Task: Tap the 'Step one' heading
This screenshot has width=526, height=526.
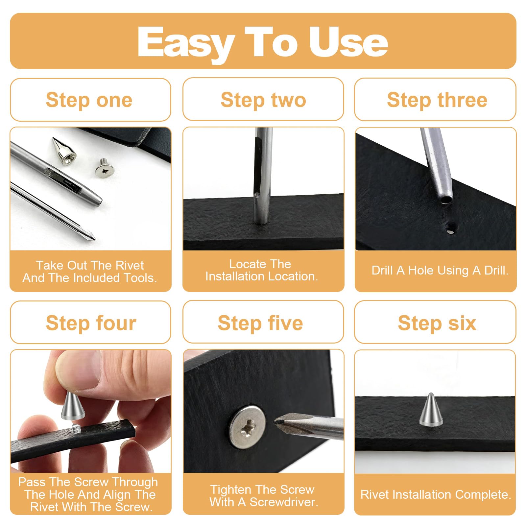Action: tap(89, 100)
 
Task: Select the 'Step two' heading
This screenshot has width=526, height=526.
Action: tap(263, 100)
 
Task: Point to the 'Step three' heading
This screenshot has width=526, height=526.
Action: tap(437, 100)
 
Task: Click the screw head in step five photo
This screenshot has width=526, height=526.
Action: tap(247, 426)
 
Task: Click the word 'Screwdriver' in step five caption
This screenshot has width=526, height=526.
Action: tap(284, 502)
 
